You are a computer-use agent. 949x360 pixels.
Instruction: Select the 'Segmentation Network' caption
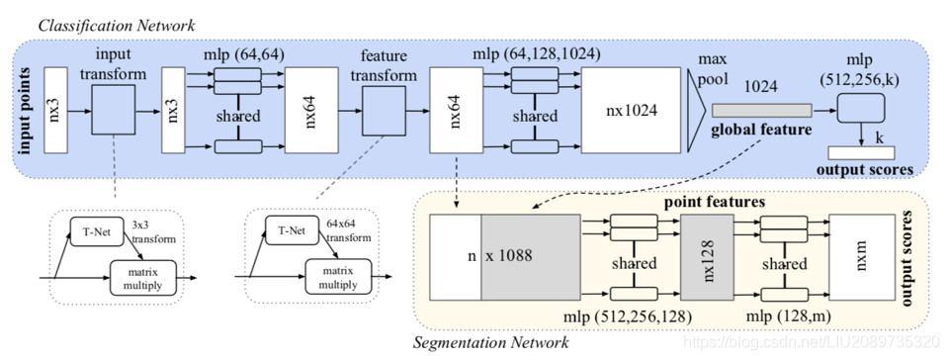492,342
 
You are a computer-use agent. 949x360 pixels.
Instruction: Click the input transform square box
114,109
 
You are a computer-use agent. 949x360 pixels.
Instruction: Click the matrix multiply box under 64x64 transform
337,274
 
